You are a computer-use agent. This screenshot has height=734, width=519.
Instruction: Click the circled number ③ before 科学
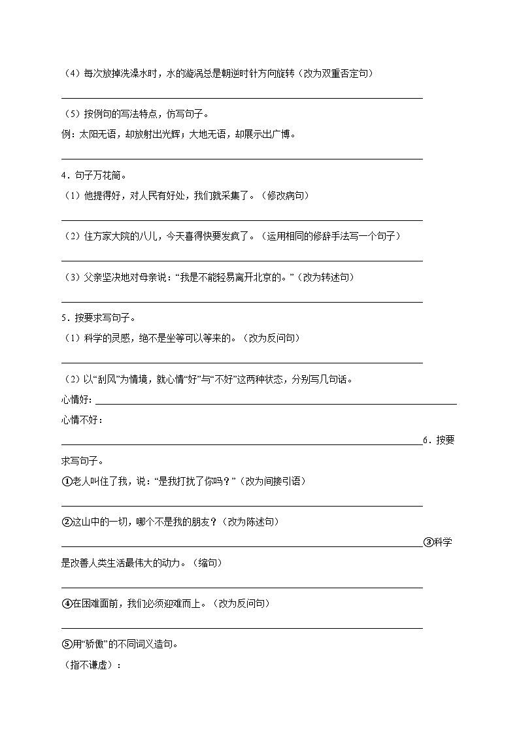(429, 542)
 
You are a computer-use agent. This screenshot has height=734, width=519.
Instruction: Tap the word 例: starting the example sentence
(69, 134)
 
